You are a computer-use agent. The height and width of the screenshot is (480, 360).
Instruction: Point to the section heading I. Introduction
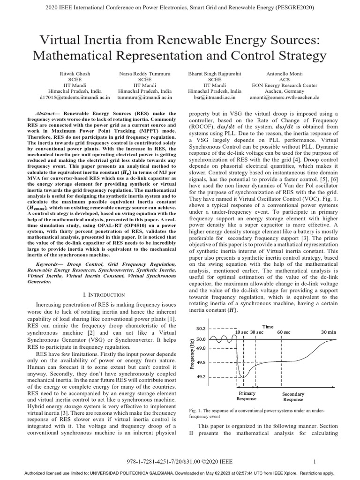point(104,294)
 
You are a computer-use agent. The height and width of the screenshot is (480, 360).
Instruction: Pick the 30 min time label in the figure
point(328,332)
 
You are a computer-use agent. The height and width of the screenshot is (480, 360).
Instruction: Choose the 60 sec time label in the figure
point(284,332)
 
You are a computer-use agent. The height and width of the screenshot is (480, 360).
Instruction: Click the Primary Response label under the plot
point(247,396)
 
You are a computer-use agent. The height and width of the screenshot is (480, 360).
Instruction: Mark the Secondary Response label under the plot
point(293,397)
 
